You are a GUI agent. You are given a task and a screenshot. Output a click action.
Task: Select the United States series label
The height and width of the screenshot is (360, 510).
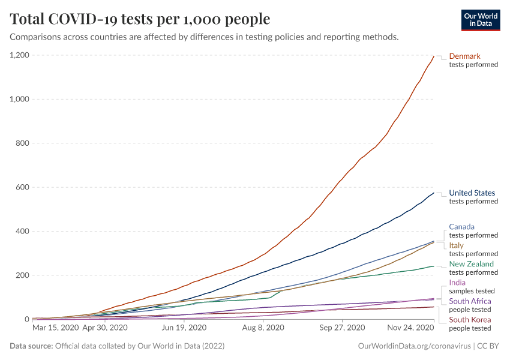tap(472, 193)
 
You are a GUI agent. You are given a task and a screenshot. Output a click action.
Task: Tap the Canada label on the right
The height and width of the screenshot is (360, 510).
tap(461, 227)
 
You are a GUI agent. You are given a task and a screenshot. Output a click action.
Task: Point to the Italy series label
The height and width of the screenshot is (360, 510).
tap(456, 245)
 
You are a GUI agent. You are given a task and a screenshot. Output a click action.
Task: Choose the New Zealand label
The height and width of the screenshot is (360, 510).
tap(472, 264)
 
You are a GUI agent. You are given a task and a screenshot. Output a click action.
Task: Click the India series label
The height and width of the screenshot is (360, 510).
tap(457, 283)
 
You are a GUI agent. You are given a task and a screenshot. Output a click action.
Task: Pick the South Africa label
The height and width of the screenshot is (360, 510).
tap(470, 301)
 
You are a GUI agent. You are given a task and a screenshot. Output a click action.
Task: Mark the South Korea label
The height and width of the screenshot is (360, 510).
tap(470, 320)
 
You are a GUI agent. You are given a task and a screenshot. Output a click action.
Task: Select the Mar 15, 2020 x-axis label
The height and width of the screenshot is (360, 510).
tap(55, 328)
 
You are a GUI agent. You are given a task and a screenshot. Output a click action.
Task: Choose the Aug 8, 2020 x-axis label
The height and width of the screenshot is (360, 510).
tap(263, 328)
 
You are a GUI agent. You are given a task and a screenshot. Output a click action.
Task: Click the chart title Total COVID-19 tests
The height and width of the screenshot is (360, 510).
tap(140, 19)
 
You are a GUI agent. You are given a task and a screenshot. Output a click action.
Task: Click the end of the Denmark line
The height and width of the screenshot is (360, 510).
tap(434, 56)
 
